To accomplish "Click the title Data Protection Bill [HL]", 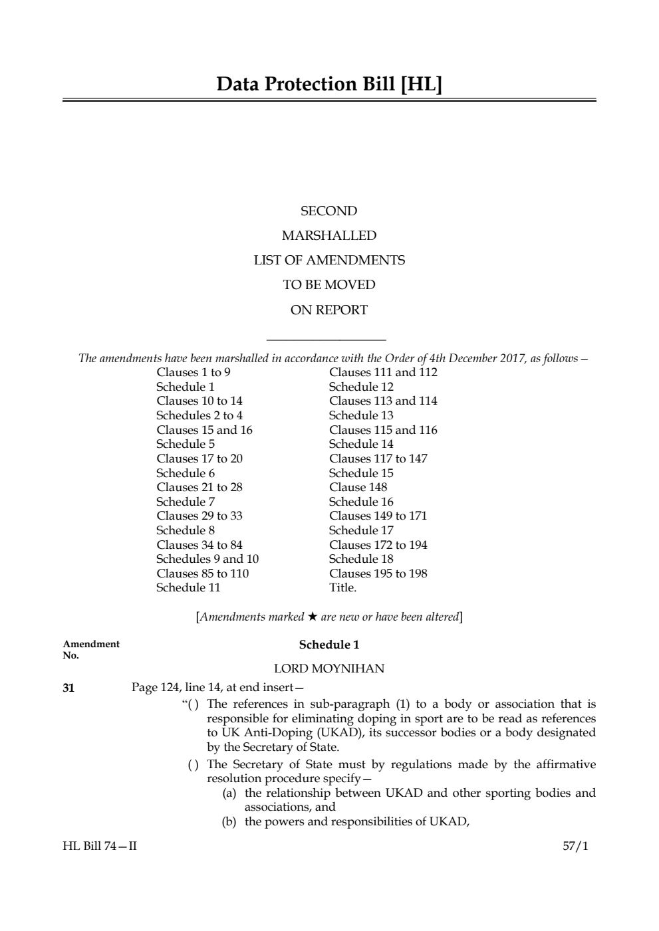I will [329, 84].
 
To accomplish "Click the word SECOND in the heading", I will [329, 211].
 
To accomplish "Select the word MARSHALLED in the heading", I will [329, 236].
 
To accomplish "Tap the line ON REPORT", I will [329, 310].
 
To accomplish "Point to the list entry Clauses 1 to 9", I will [194, 372].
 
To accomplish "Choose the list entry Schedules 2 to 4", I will [199, 415].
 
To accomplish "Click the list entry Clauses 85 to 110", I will [203, 573].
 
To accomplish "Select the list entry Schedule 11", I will [188, 587].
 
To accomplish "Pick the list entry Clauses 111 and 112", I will [383, 372].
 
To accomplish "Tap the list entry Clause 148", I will [358, 487].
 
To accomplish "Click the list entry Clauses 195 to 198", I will [378, 573].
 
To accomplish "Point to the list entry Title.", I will [342, 587].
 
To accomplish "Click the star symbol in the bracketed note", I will [312, 617].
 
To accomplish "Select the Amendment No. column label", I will [90, 649].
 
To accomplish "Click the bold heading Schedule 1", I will [329, 645].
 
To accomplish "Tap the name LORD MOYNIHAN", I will [329, 669].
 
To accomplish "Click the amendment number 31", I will [68, 688].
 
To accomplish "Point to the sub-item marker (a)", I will [229, 793].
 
